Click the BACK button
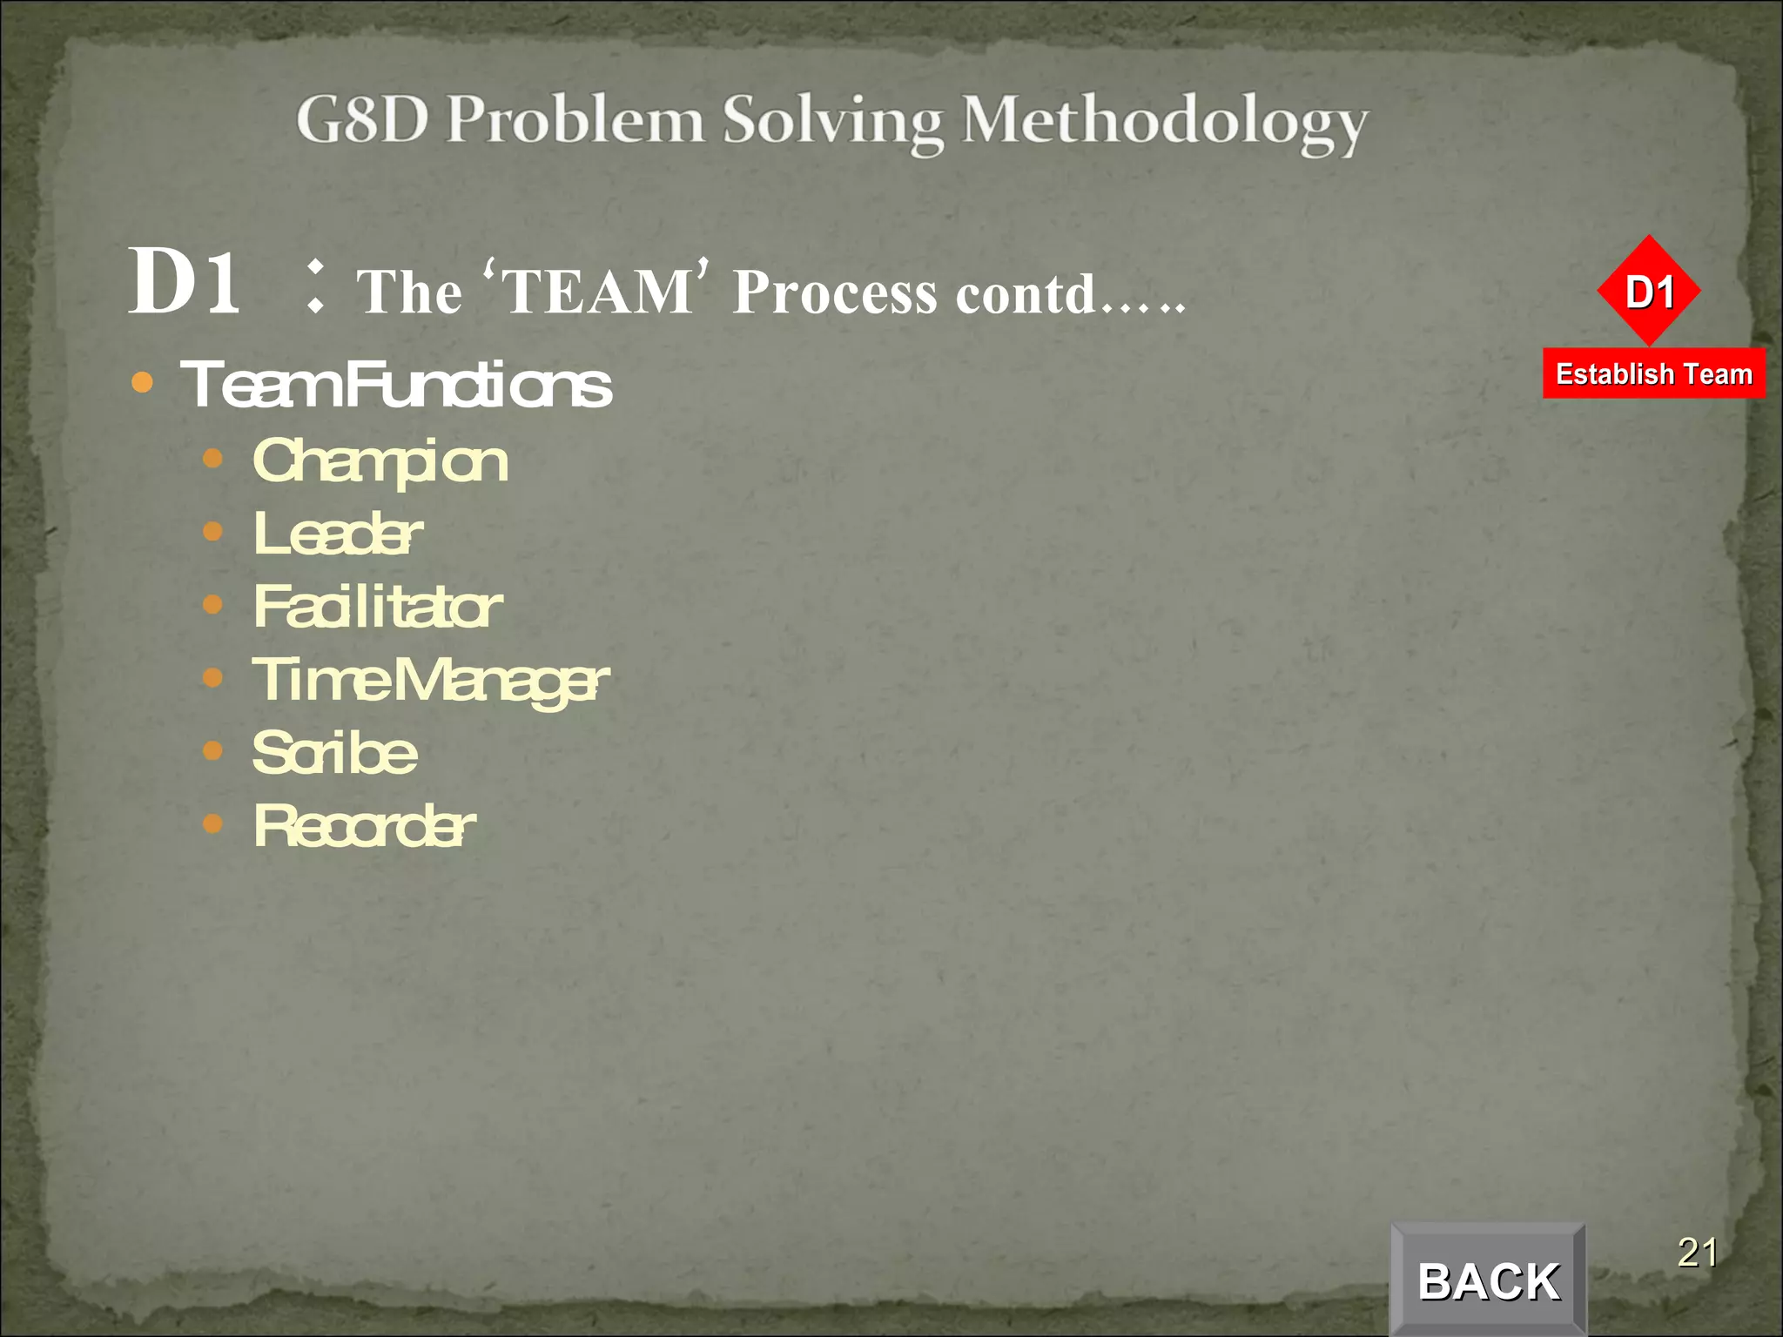point(1488,1280)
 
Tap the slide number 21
point(1697,1253)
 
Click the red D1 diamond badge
point(1649,291)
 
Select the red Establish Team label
point(1653,373)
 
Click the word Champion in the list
point(380,461)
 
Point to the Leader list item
point(338,534)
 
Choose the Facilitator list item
point(378,607)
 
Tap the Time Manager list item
point(430,680)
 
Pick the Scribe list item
point(335,753)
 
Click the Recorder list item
point(365,826)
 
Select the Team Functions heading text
point(396,385)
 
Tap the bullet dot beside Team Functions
point(142,383)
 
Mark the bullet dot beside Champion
point(212,459)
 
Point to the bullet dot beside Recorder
point(212,823)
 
